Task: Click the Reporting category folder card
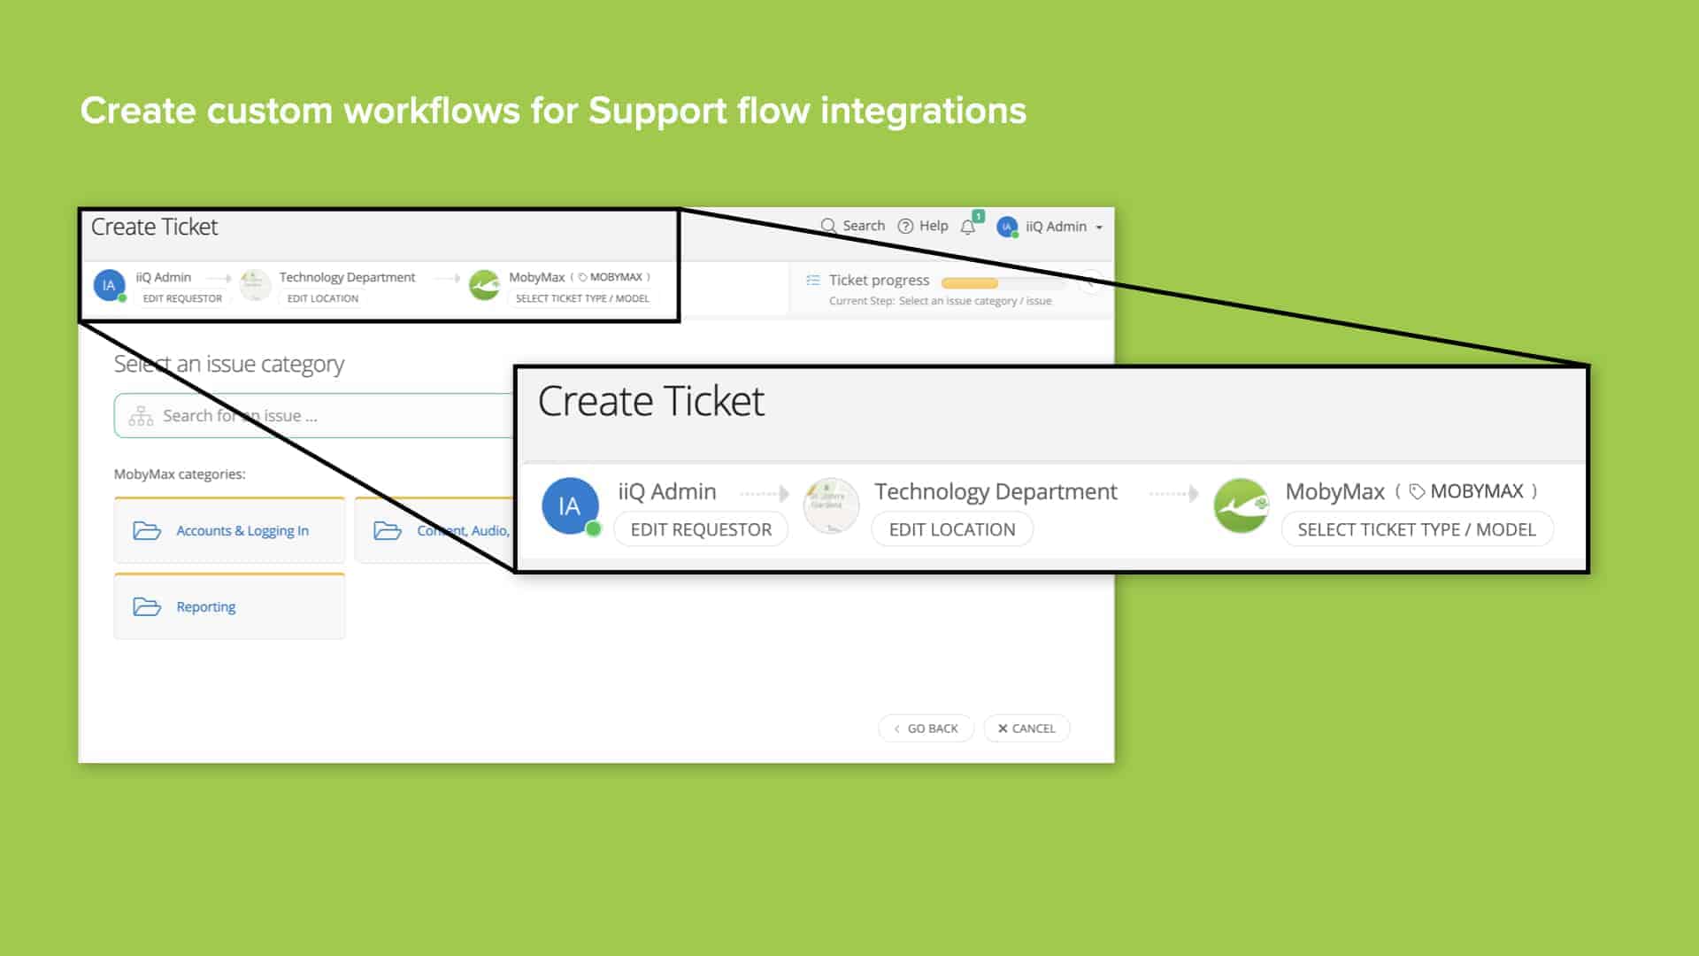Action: [x=229, y=606]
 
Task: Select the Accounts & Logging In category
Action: [x=229, y=530]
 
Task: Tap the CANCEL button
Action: [x=1026, y=729]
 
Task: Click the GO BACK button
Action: [x=926, y=729]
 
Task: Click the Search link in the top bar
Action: [x=853, y=226]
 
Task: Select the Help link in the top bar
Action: [x=923, y=226]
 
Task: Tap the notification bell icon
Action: [x=968, y=227]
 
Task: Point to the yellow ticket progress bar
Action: [x=970, y=283]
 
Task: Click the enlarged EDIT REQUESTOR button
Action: [x=701, y=529]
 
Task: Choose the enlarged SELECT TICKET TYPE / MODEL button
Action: [x=1417, y=529]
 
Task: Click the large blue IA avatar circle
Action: [x=569, y=506]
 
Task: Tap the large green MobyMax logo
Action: [x=1241, y=505]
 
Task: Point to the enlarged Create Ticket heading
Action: [x=650, y=401]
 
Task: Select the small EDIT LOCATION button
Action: [x=323, y=298]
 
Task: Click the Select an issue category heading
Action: [x=229, y=364]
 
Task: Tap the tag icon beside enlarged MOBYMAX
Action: [x=1417, y=491]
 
